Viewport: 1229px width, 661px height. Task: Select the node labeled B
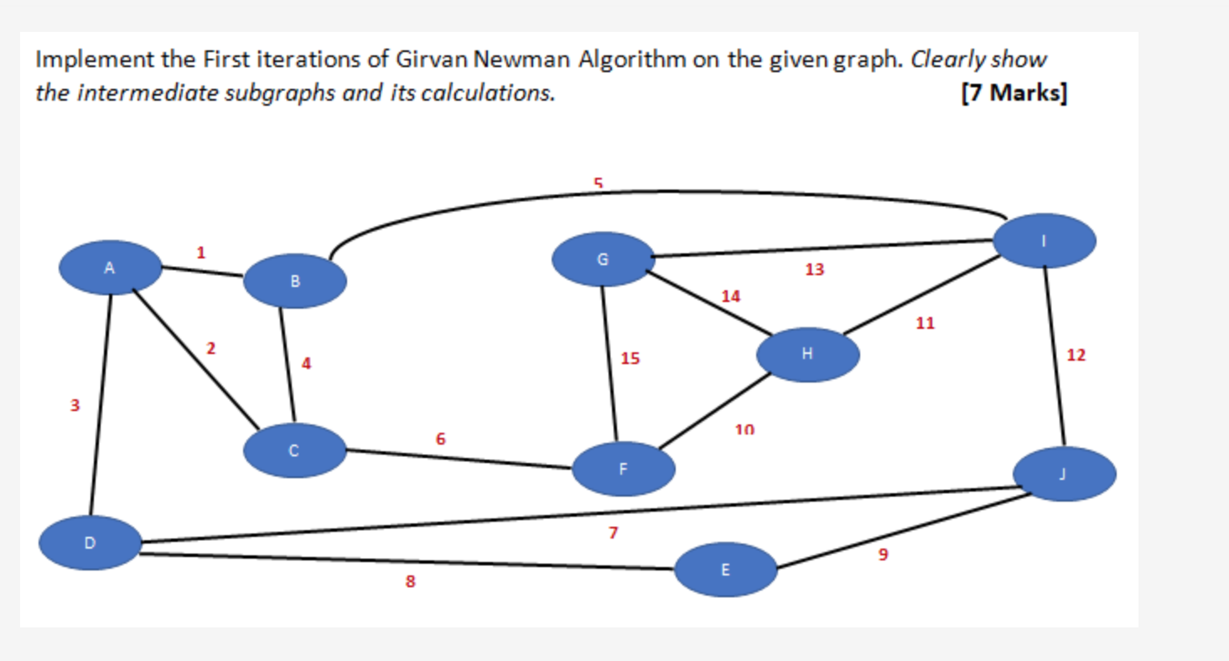click(295, 281)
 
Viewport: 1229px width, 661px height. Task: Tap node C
click(294, 450)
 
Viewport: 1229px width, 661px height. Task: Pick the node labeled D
click(90, 543)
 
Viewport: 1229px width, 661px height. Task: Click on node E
click(726, 570)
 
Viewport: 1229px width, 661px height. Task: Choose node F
click(624, 469)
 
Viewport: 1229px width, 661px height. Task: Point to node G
click(603, 259)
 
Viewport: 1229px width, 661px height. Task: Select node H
click(807, 354)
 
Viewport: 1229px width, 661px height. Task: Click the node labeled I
click(1044, 241)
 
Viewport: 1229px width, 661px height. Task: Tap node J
click(1064, 474)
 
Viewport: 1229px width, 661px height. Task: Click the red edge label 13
click(815, 270)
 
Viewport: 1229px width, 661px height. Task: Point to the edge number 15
click(630, 359)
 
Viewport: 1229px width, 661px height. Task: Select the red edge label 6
click(441, 439)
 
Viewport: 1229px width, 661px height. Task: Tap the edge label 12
click(1076, 355)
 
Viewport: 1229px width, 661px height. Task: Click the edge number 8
click(411, 580)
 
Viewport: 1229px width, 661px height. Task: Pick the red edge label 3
click(75, 406)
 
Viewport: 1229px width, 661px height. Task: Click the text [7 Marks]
click(1014, 92)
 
